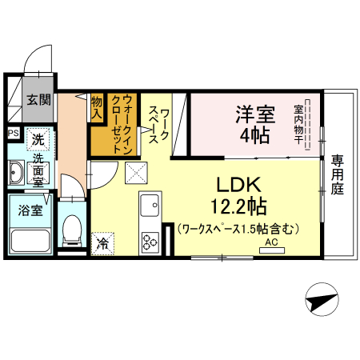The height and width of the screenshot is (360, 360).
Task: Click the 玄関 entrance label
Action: click(38, 100)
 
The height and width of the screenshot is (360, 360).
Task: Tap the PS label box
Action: click(14, 134)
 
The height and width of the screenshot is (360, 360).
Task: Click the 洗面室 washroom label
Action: click(38, 170)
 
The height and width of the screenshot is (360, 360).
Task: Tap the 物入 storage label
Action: click(97, 107)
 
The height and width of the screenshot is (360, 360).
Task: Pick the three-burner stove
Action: click(150, 239)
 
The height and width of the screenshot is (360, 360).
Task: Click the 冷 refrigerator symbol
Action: click(103, 240)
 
